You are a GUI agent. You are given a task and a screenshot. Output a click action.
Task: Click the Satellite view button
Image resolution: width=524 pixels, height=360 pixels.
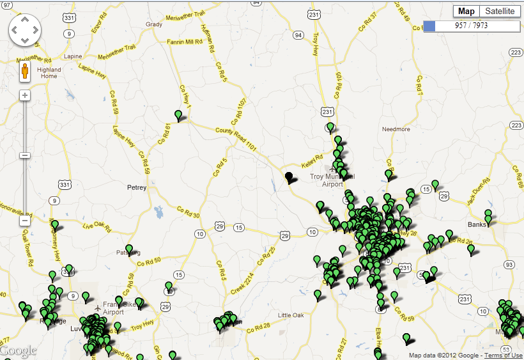coord(499,12)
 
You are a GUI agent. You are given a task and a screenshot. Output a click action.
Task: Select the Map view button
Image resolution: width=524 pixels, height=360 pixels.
coord(466,12)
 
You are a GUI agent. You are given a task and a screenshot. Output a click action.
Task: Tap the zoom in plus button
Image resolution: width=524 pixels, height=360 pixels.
coord(25,95)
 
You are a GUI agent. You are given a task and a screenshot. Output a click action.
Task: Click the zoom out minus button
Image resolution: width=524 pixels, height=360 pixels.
coord(25,221)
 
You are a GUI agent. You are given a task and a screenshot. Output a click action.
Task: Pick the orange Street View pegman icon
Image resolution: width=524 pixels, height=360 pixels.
coord(25,70)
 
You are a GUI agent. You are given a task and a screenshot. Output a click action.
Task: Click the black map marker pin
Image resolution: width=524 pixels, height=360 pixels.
coord(289,177)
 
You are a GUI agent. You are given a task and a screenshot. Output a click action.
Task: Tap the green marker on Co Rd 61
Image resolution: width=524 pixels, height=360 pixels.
coord(179,115)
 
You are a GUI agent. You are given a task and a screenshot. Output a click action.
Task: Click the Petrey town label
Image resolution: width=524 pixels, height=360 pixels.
coord(137,188)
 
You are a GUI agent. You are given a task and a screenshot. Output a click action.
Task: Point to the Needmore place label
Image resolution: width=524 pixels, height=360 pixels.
coord(396,129)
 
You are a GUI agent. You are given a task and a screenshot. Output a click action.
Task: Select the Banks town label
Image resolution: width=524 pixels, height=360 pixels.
coord(477,224)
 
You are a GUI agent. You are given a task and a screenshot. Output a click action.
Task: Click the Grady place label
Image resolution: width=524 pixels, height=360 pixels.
coord(154,25)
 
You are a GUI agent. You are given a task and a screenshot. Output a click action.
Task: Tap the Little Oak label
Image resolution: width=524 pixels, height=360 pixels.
coord(291,315)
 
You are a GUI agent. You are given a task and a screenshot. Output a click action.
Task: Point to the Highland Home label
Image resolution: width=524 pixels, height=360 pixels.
coord(49,73)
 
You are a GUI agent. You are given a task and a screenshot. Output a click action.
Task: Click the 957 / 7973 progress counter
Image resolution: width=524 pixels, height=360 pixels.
coord(471,26)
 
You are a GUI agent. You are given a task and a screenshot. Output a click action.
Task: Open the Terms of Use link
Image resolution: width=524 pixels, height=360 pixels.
coord(503,356)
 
